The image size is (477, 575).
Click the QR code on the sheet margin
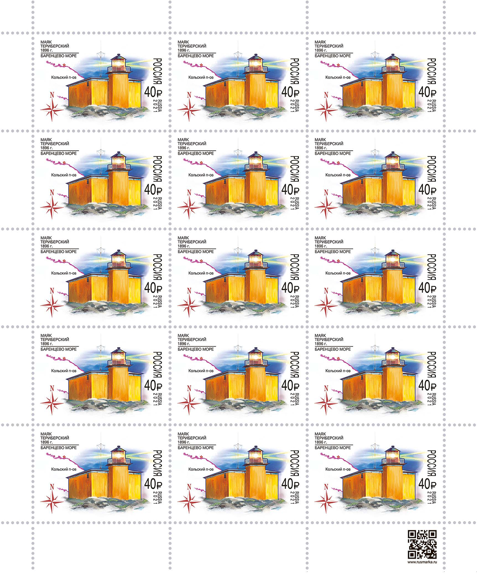422,544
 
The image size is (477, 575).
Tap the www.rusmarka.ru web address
422,562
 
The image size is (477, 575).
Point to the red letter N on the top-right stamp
326,95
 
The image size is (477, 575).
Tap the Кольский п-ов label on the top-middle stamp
201,77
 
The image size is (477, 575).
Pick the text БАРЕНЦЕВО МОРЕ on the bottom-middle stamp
195,447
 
